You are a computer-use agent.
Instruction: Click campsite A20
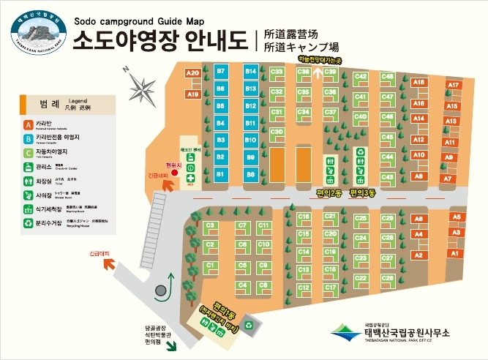(x=193, y=73)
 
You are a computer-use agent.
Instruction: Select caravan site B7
(x=221, y=71)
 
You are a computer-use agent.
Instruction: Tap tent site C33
(x=277, y=72)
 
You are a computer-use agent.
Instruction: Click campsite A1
(x=454, y=253)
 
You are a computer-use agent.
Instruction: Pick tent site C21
(x=330, y=217)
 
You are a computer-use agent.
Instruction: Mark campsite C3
(x=211, y=225)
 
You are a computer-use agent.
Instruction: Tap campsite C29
(x=360, y=218)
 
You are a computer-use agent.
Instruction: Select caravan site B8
(x=251, y=175)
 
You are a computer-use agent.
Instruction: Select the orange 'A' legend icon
(x=28, y=124)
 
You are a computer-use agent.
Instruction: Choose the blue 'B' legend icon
(x=28, y=138)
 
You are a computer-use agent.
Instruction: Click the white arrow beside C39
(x=317, y=72)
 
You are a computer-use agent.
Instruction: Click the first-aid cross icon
(x=190, y=177)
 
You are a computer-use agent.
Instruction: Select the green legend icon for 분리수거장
(x=28, y=222)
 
